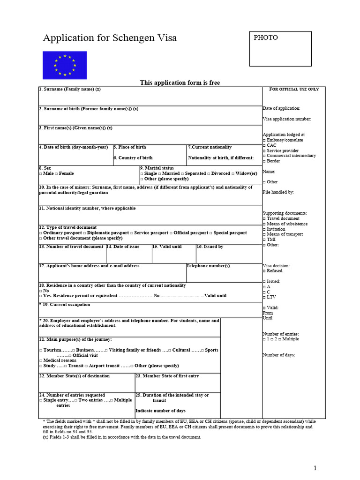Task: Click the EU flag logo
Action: click(65, 65)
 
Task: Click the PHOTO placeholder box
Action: click(280, 49)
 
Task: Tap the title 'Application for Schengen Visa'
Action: click(110, 38)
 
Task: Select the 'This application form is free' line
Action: click(180, 83)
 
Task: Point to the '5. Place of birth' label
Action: click(129, 147)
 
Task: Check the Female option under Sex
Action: click(64, 173)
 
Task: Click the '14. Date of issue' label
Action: click(123, 247)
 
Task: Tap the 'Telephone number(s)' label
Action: click(208, 266)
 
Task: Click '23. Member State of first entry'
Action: click(167, 376)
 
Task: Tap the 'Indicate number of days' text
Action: click(160, 411)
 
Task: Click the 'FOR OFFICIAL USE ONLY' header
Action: click(294, 89)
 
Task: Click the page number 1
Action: click(315, 468)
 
